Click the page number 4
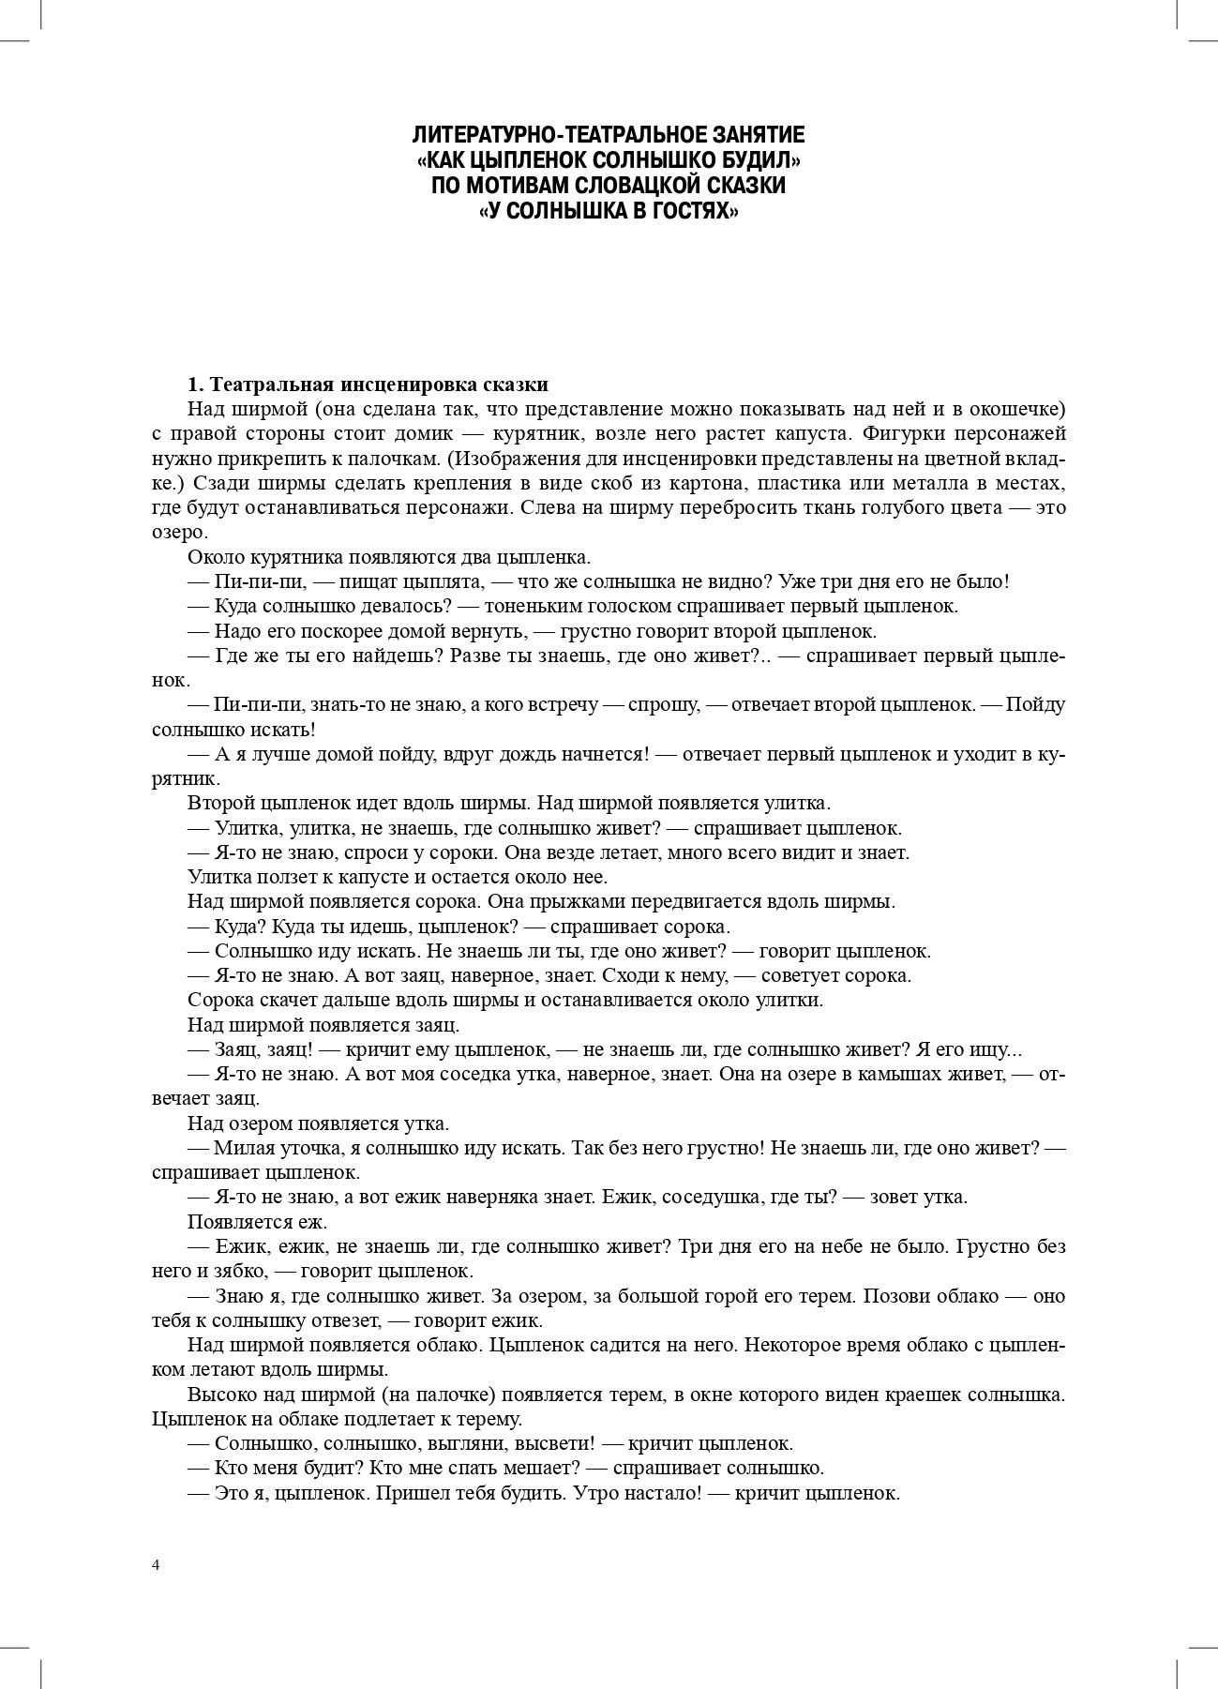click(156, 1564)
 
